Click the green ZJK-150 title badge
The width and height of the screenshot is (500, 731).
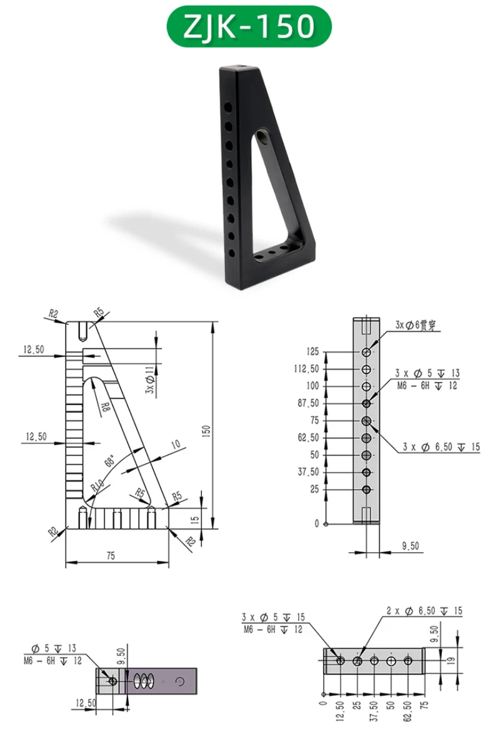pyautogui.click(x=249, y=26)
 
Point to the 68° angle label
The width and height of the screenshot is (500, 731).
pyautogui.click(x=109, y=461)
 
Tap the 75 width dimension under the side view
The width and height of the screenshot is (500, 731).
pyautogui.click(x=111, y=556)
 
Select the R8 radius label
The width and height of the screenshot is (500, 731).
pyautogui.click(x=105, y=406)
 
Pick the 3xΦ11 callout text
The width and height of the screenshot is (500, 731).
pyautogui.click(x=149, y=380)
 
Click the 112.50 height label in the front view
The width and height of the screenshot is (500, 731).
pyautogui.click(x=307, y=369)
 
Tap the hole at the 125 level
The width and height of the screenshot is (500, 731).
pyautogui.click(x=367, y=352)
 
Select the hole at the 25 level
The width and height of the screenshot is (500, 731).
pyautogui.click(x=367, y=490)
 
